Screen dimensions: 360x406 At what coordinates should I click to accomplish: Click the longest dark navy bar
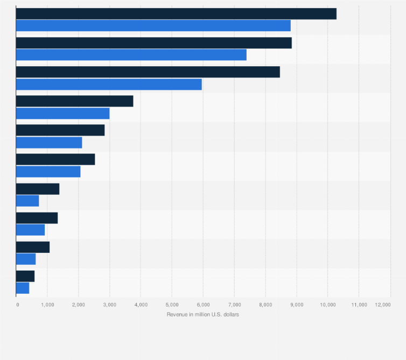pos(176,14)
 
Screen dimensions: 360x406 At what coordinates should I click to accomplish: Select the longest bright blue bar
pos(153,26)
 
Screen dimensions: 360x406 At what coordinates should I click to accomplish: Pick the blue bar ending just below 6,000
pos(109,84)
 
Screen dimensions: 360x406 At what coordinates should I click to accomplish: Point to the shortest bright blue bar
pos(23,288)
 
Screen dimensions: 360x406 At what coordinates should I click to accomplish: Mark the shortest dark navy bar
pos(25,276)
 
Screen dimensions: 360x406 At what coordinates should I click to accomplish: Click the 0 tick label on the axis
pos(17,305)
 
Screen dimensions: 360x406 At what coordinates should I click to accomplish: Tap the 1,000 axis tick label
pos(47,305)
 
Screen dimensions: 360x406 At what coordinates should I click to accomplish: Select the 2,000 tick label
pos(79,305)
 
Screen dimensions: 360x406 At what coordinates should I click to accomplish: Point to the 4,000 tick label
pos(141,305)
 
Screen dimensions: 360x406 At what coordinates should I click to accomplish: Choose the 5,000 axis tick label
pos(172,305)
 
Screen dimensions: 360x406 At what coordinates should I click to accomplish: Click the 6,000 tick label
pos(203,305)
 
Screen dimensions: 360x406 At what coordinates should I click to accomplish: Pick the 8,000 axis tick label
pos(265,305)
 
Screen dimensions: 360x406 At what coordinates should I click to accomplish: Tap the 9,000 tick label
pos(296,305)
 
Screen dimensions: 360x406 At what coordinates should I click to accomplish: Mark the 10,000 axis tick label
pos(327,305)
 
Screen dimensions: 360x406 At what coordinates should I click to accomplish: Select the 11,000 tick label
pos(359,305)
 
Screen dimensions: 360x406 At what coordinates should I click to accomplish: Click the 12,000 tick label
pos(383,305)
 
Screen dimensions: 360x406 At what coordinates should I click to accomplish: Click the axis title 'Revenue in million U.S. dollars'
pos(203,314)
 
